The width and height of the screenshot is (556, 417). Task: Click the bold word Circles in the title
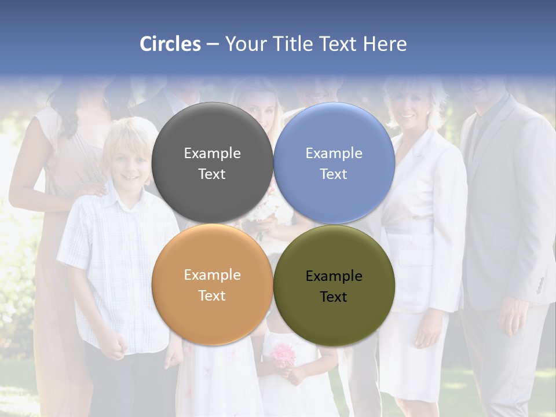tap(170, 44)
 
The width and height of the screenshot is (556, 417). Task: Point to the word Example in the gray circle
tap(212, 153)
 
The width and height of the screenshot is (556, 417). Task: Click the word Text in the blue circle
tap(334, 174)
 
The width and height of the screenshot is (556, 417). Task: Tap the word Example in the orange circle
tap(212, 275)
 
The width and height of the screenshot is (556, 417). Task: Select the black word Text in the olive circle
tap(334, 297)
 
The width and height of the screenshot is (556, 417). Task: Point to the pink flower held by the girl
tap(283, 354)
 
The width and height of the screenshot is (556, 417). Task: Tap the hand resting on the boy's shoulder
tap(93, 189)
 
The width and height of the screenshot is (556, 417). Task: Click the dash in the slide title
tap(213, 44)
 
